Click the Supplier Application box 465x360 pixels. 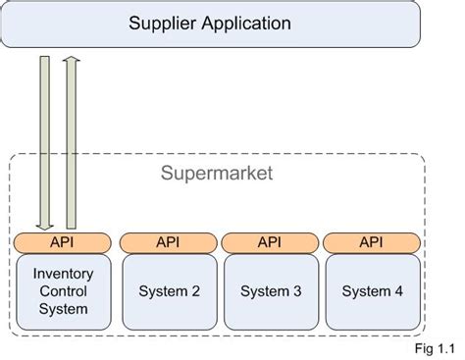pyautogui.click(x=210, y=24)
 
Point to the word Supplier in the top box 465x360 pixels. pyautogui.click(x=160, y=23)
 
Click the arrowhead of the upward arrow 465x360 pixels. pyautogui.click(x=72, y=63)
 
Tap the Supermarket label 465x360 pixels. pyautogui.click(x=217, y=174)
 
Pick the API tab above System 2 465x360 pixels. pyautogui.click(x=168, y=241)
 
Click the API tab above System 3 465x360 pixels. pyautogui.click(x=269, y=241)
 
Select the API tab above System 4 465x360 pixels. pyautogui.click(x=371, y=241)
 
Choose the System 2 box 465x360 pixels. pyautogui.click(x=168, y=291)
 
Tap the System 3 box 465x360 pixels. pyautogui.click(x=269, y=291)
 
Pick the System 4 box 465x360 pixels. pyautogui.click(x=371, y=291)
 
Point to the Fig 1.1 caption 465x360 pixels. pyautogui.click(x=435, y=346)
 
